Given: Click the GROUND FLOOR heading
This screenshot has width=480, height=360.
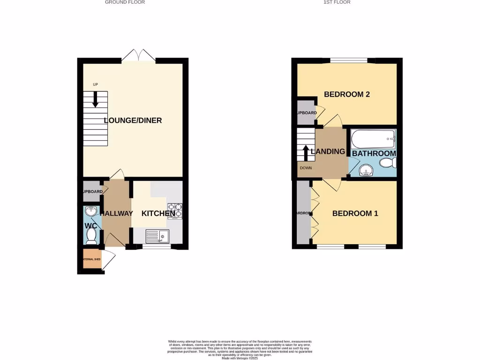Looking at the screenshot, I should (x=125, y=2).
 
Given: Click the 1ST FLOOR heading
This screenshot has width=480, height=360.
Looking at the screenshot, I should (x=337, y=2).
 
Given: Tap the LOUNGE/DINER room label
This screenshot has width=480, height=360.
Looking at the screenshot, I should (x=133, y=120).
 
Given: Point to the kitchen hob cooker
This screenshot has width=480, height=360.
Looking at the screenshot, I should (x=174, y=210).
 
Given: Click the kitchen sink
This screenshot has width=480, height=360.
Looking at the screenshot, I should (x=157, y=236).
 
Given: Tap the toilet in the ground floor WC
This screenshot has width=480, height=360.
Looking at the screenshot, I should (x=92, y=234).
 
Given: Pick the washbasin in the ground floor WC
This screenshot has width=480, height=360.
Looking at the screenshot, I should (x=91, y=211).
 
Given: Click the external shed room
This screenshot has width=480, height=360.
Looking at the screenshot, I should (x=92, y=260).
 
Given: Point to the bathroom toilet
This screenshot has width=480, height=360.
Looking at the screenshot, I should (x=388, y=163).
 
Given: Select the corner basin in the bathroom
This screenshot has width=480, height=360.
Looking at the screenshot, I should (x=365, y=171).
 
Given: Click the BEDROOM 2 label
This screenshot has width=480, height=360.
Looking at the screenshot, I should (x=347, y=94).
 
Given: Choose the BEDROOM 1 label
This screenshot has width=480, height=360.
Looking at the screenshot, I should (x=355, y=213).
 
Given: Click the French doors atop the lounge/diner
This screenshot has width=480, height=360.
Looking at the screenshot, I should (x=139, y=54).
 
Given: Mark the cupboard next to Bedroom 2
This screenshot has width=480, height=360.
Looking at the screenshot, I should (x=306, y=112).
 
